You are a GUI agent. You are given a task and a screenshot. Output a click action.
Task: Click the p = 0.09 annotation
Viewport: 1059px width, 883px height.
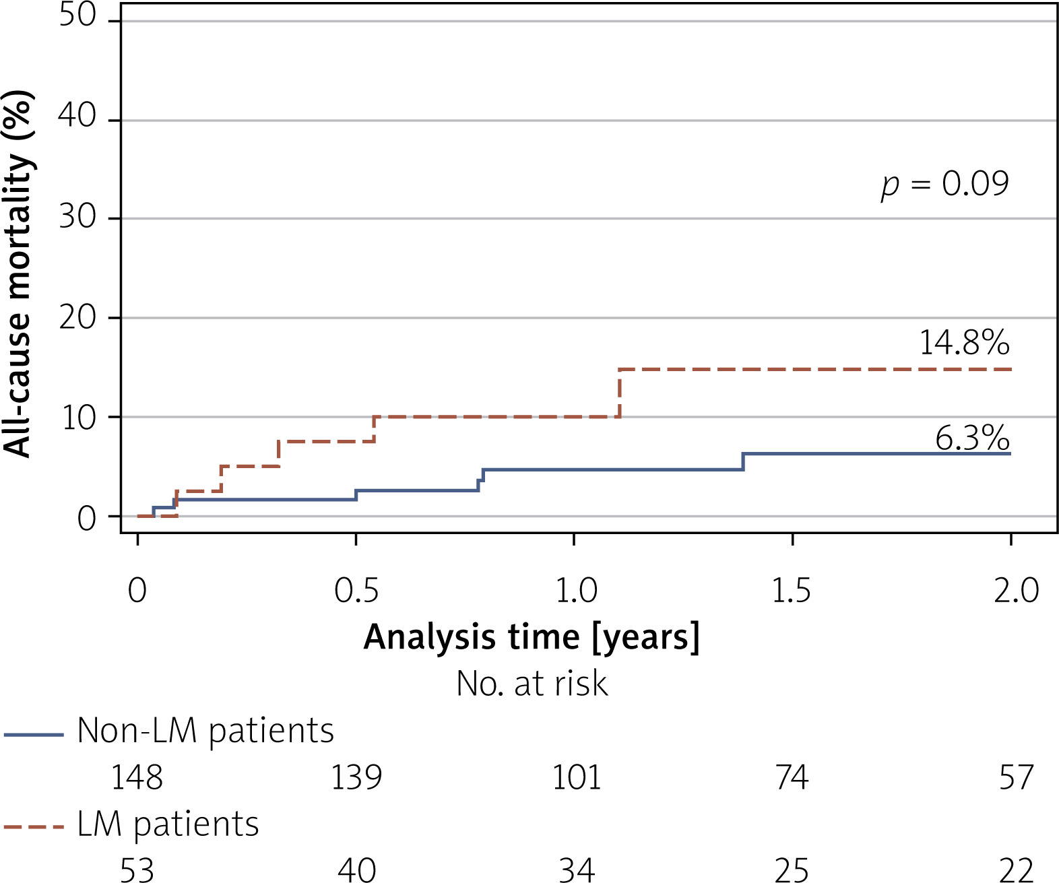tap(945, 184)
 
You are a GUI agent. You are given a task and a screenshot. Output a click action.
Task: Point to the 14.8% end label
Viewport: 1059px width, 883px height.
tap(965, 343)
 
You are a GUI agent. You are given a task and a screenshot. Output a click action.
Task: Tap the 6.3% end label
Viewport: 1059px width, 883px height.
tap(972, 438)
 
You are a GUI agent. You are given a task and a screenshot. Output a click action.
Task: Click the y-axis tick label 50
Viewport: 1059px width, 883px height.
tap(78, 15)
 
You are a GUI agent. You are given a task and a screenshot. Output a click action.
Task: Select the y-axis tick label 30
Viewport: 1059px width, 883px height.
tap(78, 218)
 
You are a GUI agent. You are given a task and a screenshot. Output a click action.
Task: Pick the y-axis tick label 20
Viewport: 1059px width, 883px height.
tap(78, 317)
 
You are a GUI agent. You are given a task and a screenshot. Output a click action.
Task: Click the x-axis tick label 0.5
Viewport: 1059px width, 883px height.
tap(356, 591)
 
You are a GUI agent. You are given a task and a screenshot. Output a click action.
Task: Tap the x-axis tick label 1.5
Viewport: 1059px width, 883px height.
tap(791, 591)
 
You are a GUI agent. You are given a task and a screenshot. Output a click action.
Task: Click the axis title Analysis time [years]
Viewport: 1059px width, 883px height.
tap(532, 636)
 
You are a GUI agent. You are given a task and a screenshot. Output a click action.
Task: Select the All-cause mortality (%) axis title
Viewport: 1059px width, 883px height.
tap(18, 274)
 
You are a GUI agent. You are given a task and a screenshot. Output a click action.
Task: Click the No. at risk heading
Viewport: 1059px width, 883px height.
tap(532, 684)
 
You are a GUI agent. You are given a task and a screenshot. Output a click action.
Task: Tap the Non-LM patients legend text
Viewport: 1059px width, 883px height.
tap(205, 731)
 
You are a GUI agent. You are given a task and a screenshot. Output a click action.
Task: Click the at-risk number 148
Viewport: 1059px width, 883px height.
tap(137, 777)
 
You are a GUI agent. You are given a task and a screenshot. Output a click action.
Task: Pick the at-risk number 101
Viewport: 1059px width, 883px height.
tap(576, 777)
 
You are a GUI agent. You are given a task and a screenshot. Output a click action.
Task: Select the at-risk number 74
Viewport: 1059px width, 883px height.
tap(792, 777)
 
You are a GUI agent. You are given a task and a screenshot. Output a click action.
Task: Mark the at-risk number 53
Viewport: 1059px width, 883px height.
tap(137, 870)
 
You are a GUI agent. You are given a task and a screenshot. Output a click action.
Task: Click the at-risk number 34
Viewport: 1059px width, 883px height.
tap(577, 870)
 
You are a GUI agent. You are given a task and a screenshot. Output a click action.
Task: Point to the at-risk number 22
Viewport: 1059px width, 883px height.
tap(1016, 870)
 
